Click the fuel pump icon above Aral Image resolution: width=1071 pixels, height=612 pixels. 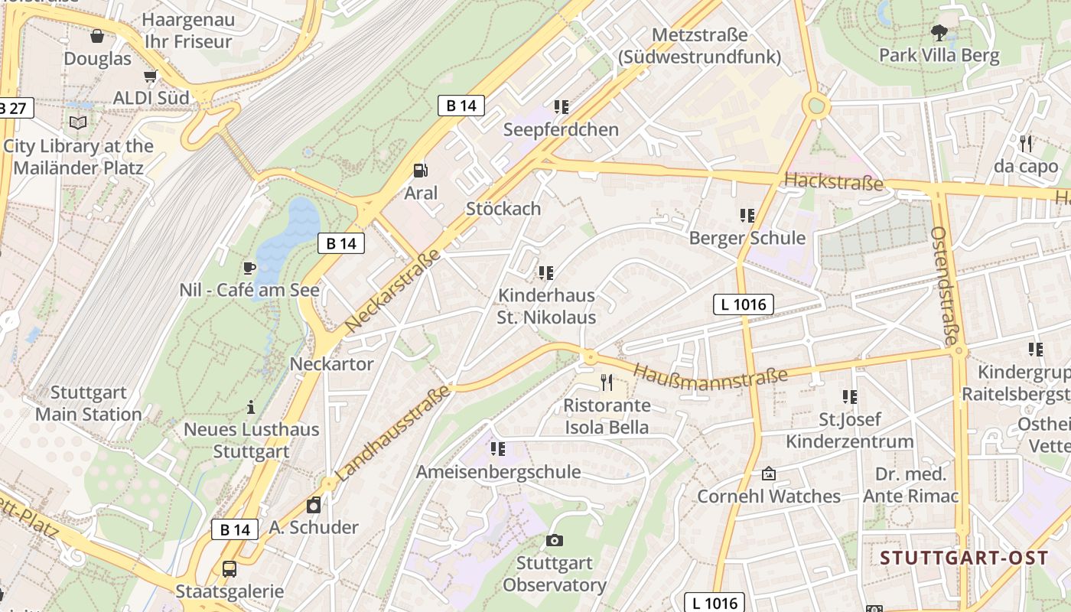click(x=420, y=171)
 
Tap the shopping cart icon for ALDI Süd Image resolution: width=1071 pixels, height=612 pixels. click(x=151, y=76)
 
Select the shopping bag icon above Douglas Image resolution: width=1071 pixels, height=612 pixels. click(x=97, y=36)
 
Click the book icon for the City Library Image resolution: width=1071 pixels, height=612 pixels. click(x=78, y=122)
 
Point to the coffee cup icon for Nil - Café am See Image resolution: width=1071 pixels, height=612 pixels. click(x=249, y=268)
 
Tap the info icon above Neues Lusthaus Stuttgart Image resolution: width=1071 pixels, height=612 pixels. click(x=250, y=407)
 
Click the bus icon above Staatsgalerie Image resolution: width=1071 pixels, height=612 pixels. click(x=229, y=569)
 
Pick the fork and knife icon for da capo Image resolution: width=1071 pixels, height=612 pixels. click(x=1026, y=143)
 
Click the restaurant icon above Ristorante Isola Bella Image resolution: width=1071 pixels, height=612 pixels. click(x=607, y=382)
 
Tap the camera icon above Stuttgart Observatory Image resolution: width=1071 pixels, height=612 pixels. click(x=555, y=541)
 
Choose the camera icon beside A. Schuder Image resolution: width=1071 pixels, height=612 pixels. click(x=313, y=505)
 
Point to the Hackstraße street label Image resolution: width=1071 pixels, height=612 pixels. click(x=834, y=182)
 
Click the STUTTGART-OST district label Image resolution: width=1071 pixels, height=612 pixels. click(x=964, y=558)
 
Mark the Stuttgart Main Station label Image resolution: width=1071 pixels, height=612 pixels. click(x=89, y=403)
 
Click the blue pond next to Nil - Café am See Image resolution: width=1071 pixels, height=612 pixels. click(x=287, y=234)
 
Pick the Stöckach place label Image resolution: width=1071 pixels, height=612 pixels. click(x=503, y=208)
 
